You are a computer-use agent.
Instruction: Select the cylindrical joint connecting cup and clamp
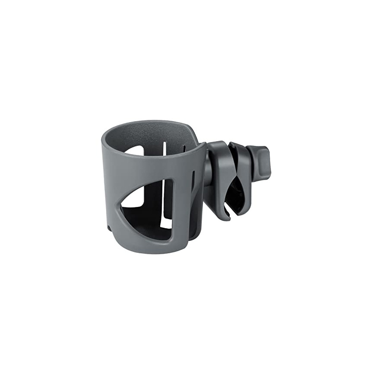click(x=208, y=173)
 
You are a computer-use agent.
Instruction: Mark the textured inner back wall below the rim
click(x=152, y=134)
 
